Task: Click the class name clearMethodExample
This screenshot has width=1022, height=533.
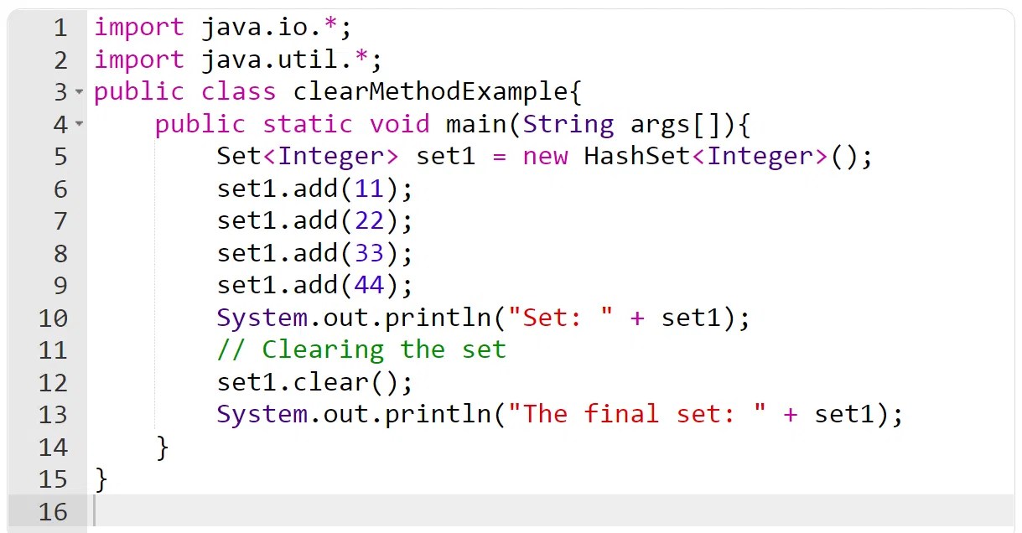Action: coord(430,91)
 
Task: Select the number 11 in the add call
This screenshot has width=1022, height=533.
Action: coord(369,189)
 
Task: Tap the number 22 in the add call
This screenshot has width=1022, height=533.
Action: coord(369,220)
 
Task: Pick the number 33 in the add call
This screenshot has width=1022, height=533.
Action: coord(369,252)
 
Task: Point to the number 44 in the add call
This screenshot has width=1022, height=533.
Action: coord(369,285)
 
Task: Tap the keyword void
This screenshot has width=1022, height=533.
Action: coord(399,124)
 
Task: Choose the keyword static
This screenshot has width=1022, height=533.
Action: coord(308,124)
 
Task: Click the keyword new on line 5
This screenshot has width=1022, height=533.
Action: coord(545,156)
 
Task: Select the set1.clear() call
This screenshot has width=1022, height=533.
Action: coord(314,382)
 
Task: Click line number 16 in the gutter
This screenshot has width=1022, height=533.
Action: coord(52,511)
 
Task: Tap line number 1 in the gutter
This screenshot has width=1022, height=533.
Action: coord(60,28)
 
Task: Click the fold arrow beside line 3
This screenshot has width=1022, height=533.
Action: coord(79,91)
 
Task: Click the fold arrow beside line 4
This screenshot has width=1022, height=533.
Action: coord(79,124)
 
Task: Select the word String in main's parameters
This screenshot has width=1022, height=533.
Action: coord(568,124)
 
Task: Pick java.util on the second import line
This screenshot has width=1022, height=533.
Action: coord(277,60)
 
